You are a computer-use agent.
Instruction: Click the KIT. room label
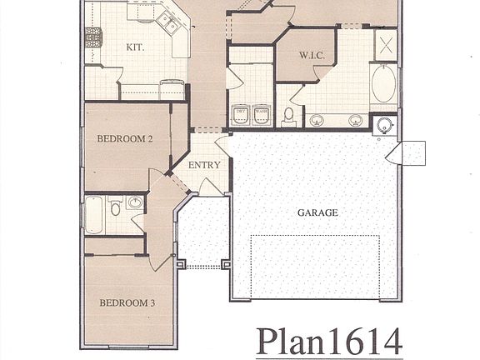click(x=134, y=47)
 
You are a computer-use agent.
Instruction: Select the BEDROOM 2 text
click(x=124, y=139)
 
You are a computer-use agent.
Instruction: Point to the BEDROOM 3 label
click(x=127, y=302)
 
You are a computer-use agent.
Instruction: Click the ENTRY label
click(x=204, y=165)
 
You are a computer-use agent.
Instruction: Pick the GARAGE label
click(x=317, y=212)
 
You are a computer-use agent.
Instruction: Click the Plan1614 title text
click(x=329, y=342)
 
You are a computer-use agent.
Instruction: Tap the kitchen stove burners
click(x=95, y=37)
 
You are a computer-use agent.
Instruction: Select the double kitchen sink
click(x=169, y=26)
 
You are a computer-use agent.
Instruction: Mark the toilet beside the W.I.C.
click(x=289, y=114)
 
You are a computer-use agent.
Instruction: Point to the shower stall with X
click(x=386, y=44)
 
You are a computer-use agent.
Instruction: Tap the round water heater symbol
click(x=384, y=126)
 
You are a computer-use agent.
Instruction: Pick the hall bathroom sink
click(x=135, y=202)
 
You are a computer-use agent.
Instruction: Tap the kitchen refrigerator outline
click(x=172, y=88)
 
